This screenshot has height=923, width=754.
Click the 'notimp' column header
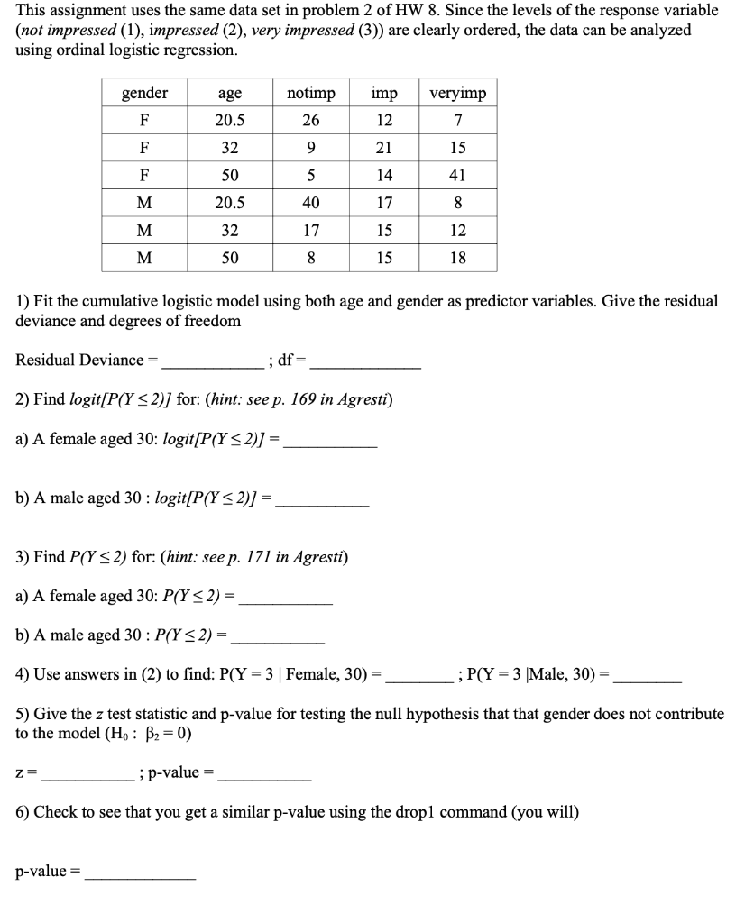[x=310, y=94]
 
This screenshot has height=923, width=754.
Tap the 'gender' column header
[x=145, y=94]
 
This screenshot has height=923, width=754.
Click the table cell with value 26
[x=310, y=121]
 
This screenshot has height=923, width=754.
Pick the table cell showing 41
[x=458, y=176]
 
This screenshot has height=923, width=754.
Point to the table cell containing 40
[x=310, y=203]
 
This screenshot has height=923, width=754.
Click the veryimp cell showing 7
[x=458, y=121]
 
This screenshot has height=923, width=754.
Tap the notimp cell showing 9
[x=310, y=148]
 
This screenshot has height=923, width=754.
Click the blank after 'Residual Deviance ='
[x=212, y=362]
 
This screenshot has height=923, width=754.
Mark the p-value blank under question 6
[x=140, y=873]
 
